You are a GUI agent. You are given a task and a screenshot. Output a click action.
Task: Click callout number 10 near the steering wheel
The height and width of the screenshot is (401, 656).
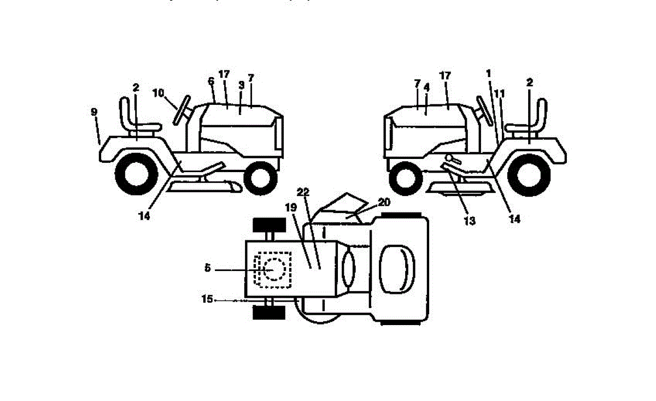coord(158,93)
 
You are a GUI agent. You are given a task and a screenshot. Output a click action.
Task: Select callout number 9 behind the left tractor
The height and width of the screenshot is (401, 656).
coord(95,112)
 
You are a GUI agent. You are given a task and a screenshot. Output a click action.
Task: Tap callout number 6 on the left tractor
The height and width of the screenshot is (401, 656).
coord(210,80)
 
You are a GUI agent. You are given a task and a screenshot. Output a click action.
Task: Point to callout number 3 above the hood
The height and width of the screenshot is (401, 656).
coord(241,86)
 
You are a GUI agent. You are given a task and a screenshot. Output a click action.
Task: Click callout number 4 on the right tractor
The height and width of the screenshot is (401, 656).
coord(427,86)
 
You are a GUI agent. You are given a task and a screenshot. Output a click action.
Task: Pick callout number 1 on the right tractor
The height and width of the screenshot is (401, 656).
coord(489,73)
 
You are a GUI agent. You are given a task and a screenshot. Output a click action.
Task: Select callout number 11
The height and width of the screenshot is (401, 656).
coord(499,93)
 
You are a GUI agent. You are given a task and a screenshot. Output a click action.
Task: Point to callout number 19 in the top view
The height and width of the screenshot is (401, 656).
coord(291,208)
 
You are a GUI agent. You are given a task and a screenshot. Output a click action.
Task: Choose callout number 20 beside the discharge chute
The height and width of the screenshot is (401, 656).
coord(384,202)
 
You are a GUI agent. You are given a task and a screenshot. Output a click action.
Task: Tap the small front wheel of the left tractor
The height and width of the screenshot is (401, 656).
coord(260,178)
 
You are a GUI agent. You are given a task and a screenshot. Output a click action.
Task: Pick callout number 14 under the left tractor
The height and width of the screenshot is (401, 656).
coord(144,215)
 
